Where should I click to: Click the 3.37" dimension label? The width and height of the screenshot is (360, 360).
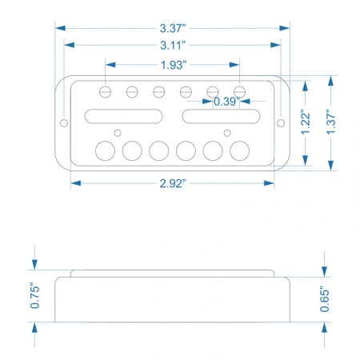click(173, 28)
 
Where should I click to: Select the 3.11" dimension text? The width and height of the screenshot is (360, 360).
click(173, 45)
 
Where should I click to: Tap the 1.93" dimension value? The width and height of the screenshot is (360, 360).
click(174, 65)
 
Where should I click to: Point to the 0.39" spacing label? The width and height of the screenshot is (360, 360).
click(226, 102)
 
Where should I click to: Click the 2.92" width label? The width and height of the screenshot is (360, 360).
click(173, 183)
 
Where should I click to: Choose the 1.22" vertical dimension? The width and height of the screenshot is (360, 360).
click(306, 122)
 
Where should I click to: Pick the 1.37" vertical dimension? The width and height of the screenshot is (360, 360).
click(331, 122)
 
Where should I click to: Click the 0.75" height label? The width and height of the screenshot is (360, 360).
click(34, 296)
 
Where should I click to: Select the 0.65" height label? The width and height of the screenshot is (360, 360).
click(325, 299)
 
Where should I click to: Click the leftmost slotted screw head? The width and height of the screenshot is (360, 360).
click(105, 92)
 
